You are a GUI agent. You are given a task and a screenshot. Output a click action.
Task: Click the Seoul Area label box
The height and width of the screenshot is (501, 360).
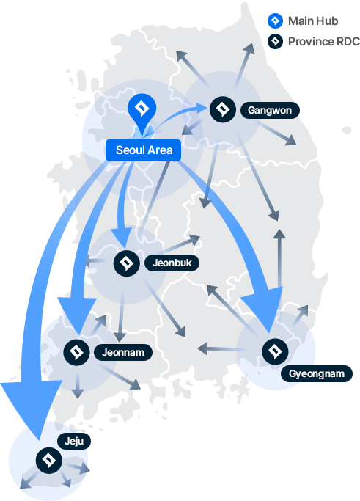click(x=143, y=150)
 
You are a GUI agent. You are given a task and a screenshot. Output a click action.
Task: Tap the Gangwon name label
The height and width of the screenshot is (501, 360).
click(x=270, y=111)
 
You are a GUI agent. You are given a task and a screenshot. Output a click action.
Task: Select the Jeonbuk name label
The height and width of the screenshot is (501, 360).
click(x=172, y=263)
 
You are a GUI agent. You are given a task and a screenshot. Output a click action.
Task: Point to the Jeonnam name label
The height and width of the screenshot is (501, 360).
click(x=123, y=352)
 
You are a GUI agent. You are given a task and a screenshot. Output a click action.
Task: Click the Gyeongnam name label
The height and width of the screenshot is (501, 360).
click(x=317, y=373)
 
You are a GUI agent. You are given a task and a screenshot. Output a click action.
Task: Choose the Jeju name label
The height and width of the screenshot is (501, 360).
click(x=74, y=442)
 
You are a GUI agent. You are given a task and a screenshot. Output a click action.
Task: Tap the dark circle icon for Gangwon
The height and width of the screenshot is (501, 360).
click(x=223, y=109)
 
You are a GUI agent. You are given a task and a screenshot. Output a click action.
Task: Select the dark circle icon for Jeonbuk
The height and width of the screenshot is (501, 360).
click(x=127, y=263)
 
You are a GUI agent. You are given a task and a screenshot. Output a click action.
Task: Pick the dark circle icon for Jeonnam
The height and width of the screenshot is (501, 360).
click(x=77, y=352)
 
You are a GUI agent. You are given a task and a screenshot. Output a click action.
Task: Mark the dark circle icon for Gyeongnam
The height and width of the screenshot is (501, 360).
click(x=275, y=351)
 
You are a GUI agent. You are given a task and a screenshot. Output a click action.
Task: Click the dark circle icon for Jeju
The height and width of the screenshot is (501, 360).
click(x=49, y=461)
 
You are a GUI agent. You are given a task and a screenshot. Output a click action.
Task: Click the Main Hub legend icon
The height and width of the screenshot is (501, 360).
click(x=275, y=21)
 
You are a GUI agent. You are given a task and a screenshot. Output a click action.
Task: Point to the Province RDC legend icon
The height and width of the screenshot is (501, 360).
click(x=275, y=42)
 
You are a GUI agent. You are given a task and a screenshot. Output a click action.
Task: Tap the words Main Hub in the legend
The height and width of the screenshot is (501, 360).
click(x=313, y=21)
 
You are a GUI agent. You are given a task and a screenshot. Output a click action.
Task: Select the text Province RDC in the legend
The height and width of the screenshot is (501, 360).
click(x=324, y=42)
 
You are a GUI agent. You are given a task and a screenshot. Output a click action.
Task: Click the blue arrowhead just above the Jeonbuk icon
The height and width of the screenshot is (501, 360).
click(x=122, y=237)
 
